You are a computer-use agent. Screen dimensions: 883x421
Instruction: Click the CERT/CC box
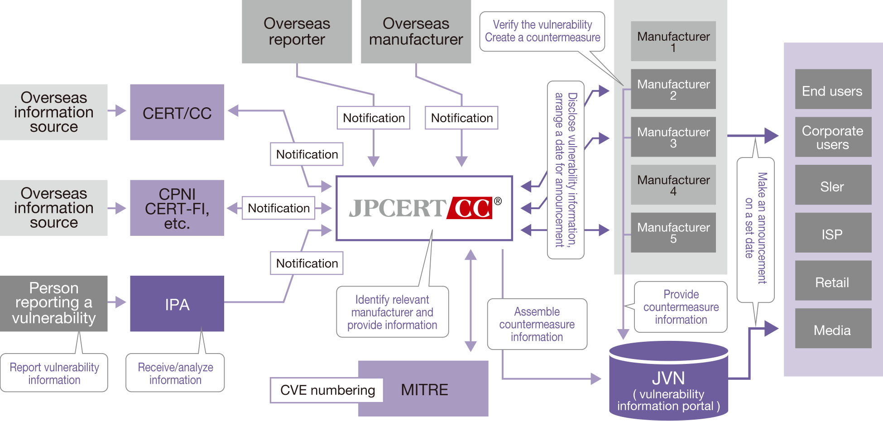click(177, 112)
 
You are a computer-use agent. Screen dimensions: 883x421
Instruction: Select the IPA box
click(177, 304)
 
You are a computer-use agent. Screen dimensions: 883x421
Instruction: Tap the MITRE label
click(424, 390)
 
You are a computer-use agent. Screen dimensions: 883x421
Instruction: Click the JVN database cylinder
click(668, 381)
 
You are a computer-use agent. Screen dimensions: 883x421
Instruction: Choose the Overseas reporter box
click(297, 32)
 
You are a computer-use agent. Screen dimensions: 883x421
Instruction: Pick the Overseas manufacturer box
click(416, 32)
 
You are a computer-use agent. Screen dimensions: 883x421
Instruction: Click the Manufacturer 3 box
click(673, 137)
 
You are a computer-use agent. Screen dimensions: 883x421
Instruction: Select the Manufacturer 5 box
click(673, 233)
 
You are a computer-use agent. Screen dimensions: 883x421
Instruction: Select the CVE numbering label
click(327, 390)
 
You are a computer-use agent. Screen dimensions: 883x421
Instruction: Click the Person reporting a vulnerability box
click(54, 304)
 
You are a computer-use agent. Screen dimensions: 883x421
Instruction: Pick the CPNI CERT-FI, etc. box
click(177, 208)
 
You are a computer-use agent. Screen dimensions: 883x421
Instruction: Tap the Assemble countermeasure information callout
click(537, 324)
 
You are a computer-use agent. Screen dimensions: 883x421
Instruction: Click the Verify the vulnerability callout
click(542, 31)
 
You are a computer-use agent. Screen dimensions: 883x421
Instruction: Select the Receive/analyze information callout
click(175, 373)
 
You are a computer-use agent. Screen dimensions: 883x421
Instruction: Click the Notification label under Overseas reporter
click(374, 118)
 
